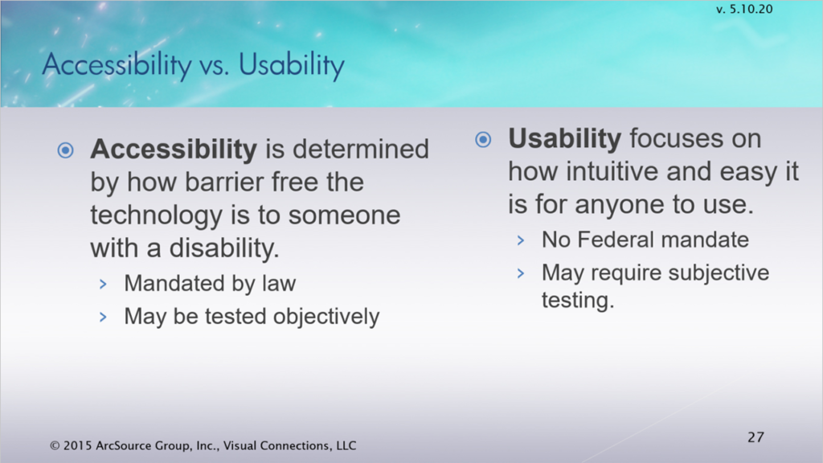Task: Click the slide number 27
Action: (755, 436)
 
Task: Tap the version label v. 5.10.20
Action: (744, 9)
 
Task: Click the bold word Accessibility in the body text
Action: (174, 150)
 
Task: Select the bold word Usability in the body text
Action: (565, 139)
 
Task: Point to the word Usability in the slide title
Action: (292, 66)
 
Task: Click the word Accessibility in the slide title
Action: (117, 66)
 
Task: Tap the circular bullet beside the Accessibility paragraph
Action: (66, 150)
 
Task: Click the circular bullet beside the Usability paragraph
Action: (483, 140)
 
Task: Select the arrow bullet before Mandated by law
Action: (103, 285)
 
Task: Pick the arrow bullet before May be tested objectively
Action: (103, 317)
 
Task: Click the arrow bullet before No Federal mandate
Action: (521, 240)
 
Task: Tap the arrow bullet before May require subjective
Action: (521, 273)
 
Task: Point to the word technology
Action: (157, 216)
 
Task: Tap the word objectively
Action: (326, 317)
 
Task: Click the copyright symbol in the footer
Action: (55, 446)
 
